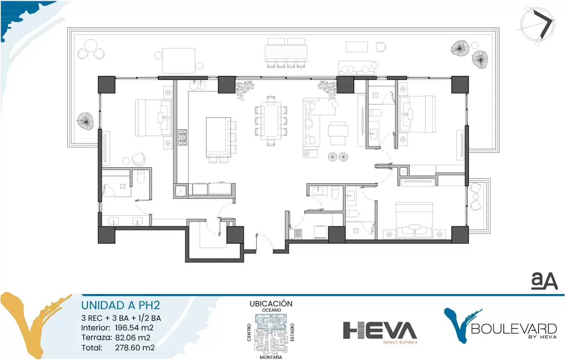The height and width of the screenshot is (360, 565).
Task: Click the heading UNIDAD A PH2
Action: pyautogui.click(x=120, y=305)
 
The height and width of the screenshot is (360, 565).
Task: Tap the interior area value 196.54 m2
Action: pyautogui.click(x=134, y=328)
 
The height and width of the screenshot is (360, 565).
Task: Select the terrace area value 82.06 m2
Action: pyautogui.click(x=133, y=338)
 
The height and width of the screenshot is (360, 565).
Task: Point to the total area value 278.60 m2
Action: pyautogui.click(x=135, y=348)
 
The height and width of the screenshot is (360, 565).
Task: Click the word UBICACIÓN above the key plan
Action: pyautogui.click(x=271, y=304)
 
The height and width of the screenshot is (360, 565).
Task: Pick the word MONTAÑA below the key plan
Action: pyautogui.click(x=271, y=357)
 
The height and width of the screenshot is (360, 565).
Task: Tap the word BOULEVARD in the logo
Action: pyautogui.click(x=514, y=329)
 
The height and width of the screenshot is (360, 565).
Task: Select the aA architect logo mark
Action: pyautogui.click(x=544, y=280)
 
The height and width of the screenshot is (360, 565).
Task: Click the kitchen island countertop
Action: pyautogui.click(x=218, y=137)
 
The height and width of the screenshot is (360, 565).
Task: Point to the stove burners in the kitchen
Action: pyautogui.click(x=182, y=137)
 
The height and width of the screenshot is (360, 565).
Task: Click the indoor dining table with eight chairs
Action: pyautogui.click(x=271, y=121)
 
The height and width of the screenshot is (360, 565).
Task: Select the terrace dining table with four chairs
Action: pyautogui.click(x=286, y=53)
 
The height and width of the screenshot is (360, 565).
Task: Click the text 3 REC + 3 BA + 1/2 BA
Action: pyautogui.click(x=121, y=318)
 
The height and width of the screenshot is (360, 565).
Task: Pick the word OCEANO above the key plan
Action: pyautogui.click(x=271, y=310)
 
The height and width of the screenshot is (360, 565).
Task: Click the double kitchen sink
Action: pyautogui.click(x=198, y=85)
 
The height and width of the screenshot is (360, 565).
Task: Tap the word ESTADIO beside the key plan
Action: pyautogui.click(x=293, y=332)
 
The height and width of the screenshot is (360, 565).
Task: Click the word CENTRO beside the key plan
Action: pyautogui.click(x=249, y=333)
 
